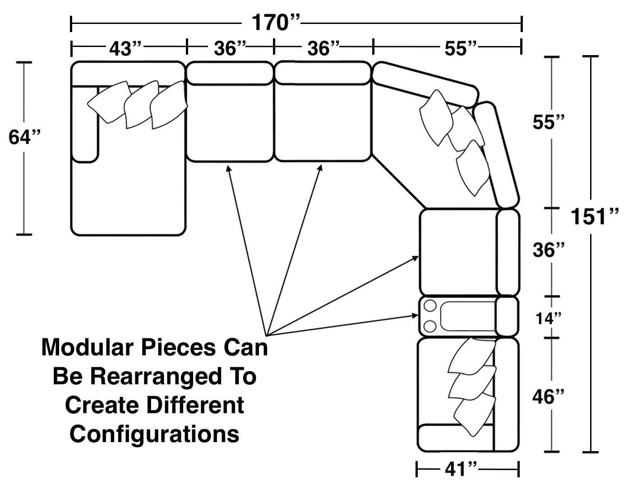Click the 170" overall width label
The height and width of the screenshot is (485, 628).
click(x=276, y=23)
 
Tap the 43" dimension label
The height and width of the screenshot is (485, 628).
click(x=125, y=48)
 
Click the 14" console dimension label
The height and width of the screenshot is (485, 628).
click(x=549, y=318)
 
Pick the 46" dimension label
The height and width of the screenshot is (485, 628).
click(x=548, y=397)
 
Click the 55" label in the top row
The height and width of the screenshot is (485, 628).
click(x=461, y=48)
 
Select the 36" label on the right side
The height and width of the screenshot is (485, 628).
click(x=549, y=250)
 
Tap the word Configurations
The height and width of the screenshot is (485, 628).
click(x=154, y=434)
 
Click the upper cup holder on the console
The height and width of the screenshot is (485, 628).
click(x=429, y=306)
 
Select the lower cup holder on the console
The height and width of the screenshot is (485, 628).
click(x=429, y=325)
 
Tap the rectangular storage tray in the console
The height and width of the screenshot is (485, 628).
click(x=467, y=316)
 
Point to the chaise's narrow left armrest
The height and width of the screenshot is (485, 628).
click(x=86, y=123)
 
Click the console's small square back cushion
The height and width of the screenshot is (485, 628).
click(x=507, y=316)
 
